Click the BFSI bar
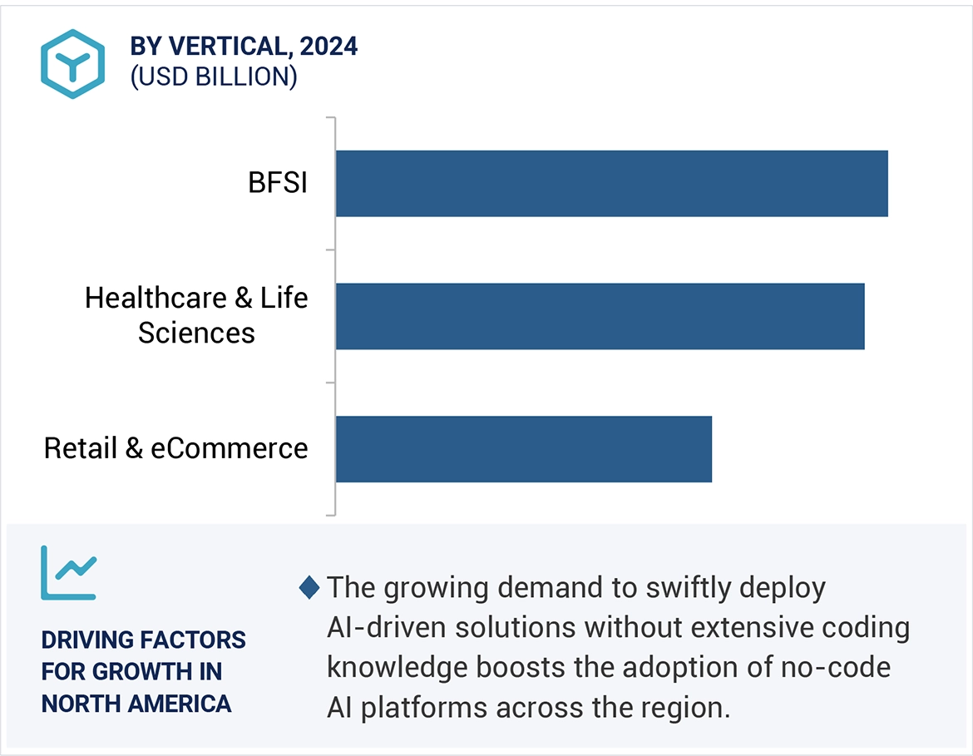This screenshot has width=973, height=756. [611, 184]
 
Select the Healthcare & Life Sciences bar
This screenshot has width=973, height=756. [600, 316]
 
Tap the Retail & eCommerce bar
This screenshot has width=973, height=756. [523, 449]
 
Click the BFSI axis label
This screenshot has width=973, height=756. [278, 183]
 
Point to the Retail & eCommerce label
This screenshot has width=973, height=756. [175, 448]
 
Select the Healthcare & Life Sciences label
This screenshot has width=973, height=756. [196, 315]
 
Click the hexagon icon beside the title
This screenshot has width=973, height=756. [73, 64]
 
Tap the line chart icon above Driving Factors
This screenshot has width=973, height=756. [69, 573]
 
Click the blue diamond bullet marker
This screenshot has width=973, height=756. [309, 588]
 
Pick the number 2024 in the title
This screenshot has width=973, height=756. [329, 47]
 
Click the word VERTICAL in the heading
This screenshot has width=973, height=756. [227, 47]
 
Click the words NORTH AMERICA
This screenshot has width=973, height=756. [136, 704]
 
